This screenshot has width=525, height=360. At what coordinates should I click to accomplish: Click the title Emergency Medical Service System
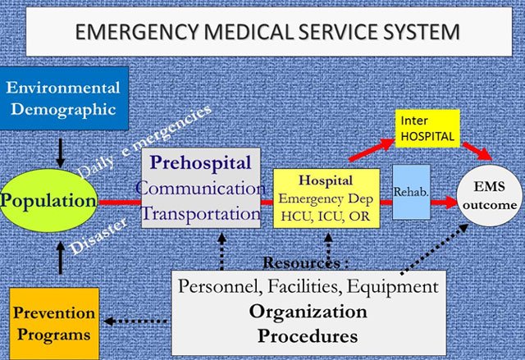[x=266, y=33]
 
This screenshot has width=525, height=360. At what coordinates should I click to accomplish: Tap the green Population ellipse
[x=48, y=200]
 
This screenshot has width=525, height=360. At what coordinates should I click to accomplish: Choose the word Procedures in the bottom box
[x=308, y=335]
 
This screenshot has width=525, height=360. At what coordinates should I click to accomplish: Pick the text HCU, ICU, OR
[x=325, y=215]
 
